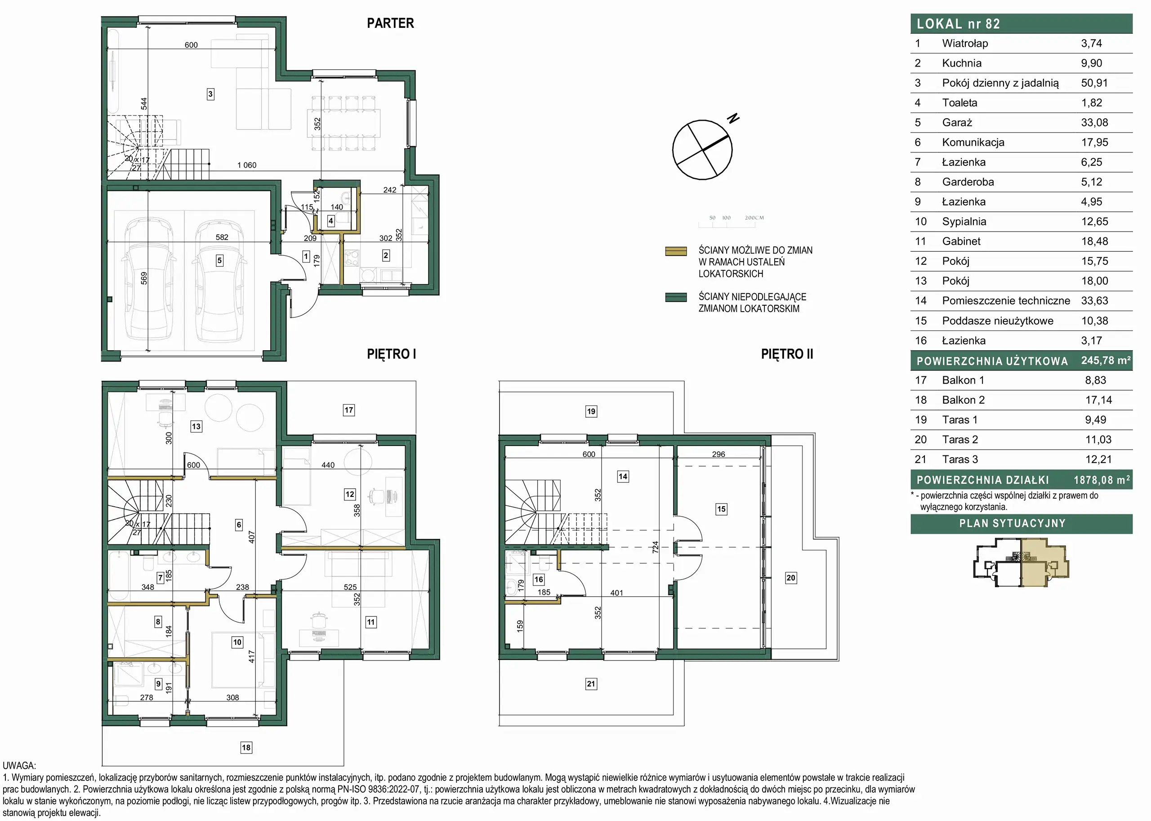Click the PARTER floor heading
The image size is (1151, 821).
(x=390, y=23)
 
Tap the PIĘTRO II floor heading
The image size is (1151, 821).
(x=787, y=354)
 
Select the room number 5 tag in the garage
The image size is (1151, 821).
(x=219, y=260)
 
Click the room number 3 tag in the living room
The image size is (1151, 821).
(x=210, y=94)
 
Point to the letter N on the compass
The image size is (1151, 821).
(x=733, y=118)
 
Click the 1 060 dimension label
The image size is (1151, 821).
(x=247, y=165)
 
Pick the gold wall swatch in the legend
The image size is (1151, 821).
(x=676, y=251)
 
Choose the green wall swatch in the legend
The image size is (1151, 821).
(x=676, y=297)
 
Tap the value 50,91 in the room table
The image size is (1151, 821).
(x=1094, y=83)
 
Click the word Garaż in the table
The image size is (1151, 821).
(x=957, y=122)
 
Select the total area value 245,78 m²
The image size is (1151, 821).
(x=1106, y=361)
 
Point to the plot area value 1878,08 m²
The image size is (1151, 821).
(x=1102, y=480)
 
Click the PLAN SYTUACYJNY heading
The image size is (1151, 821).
(x=1013, y=523)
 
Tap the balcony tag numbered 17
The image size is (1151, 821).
(x=349, y=410)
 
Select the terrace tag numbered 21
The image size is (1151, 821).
(x=591, y=684)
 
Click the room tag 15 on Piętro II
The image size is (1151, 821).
(x=721, y=509)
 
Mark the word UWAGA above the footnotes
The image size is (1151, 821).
(x=19, y=766)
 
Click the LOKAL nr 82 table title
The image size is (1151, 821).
(x=959, y=24)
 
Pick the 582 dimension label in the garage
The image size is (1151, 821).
(x=222, y=237)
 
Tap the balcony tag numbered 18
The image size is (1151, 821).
(x=246, y=748)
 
